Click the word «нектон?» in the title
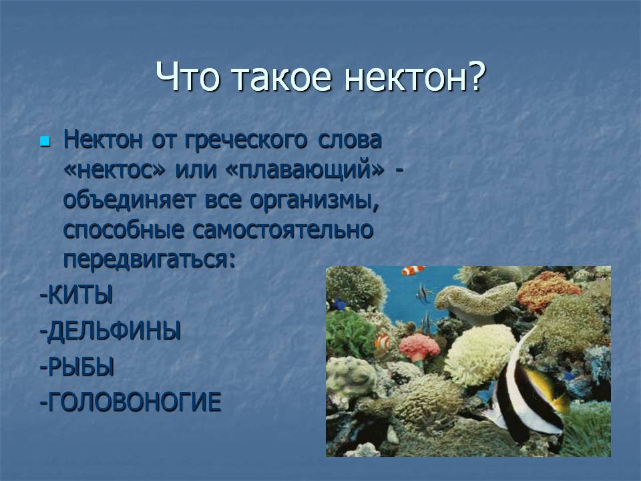(415, 76)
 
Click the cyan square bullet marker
(45, 142)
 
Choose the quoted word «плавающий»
(305, 170)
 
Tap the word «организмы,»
(314, 200)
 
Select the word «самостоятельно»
(283, 230)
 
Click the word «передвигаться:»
(150, 260)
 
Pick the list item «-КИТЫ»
(76, 295)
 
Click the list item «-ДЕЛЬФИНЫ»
(110, 331)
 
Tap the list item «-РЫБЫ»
(76, 367)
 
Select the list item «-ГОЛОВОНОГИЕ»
(130, 402)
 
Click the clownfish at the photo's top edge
(413, 271)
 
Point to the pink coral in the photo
(419, 347)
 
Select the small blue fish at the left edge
(338, 304)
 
